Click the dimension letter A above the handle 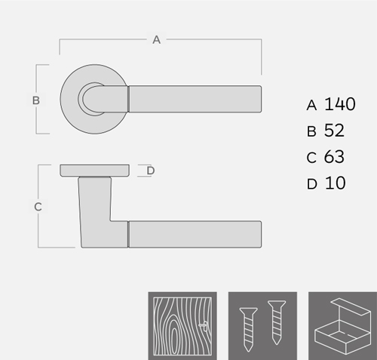click(156, 40)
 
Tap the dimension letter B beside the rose click(36, 100)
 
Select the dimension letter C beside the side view click(38, 207)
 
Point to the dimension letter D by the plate click(151, 171)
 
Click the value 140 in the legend click(340, 104)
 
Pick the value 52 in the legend click(334, 131)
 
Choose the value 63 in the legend click(334, 156)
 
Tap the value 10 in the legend click(336, 183)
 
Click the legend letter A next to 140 click(311, 105)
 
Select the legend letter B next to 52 click(311, 131)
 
